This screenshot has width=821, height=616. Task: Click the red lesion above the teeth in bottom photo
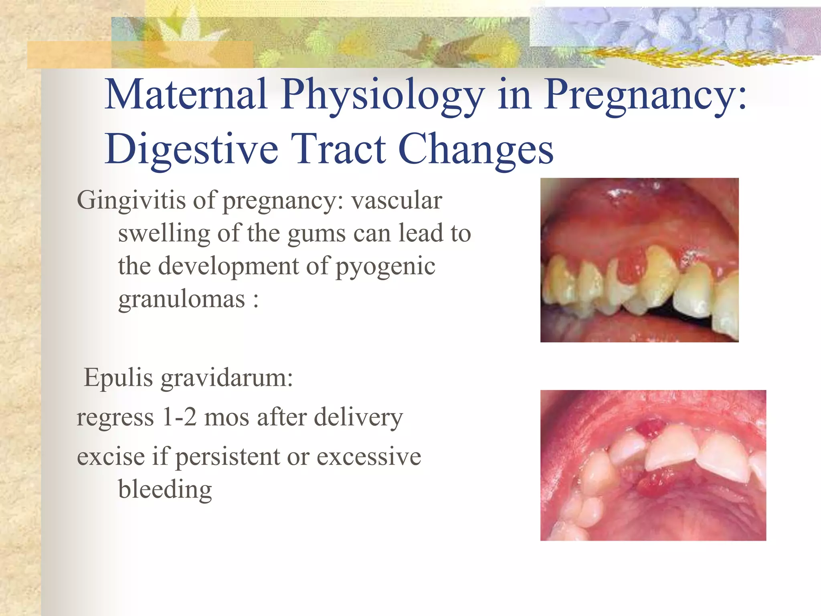[649, 428]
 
